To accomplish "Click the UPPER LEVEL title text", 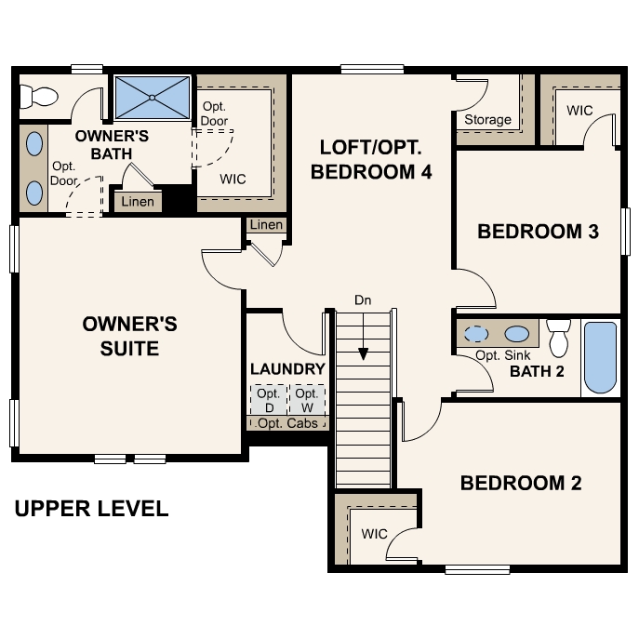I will click(91, 509).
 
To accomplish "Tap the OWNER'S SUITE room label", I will click(129, 336).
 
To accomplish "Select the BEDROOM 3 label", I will click(537, 232).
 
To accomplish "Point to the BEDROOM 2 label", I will click(520, 483).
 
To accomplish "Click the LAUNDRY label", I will click(287, 369).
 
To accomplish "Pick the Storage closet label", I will click(487, 119).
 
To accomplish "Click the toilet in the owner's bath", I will click(38, 95).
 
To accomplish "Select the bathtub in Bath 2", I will click(600, 358).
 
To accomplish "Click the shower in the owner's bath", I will click(152, 96).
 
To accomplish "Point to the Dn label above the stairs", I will click(364, 300).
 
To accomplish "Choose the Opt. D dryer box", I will click(268, 400).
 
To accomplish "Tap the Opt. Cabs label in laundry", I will click(287, 423).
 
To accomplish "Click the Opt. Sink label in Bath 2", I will click(498, 355).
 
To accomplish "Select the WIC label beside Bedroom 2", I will click(374, 534).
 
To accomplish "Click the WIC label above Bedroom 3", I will click(579, 110).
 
